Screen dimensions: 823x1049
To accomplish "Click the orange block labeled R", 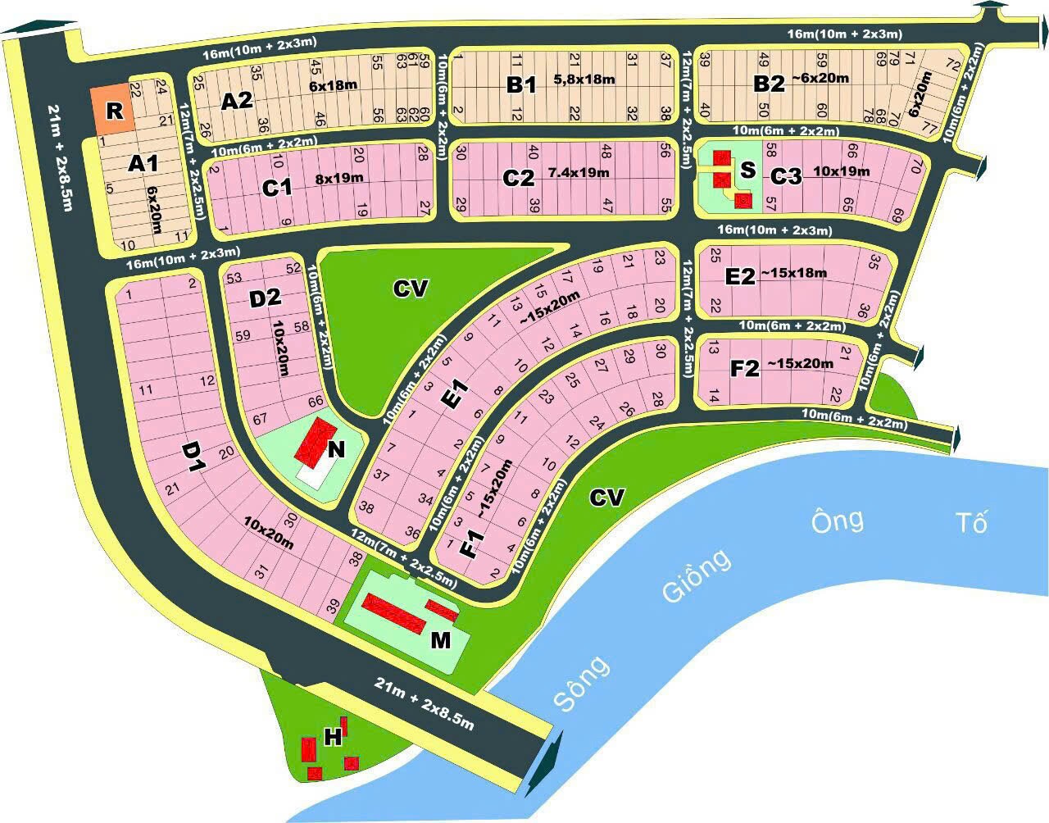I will [x=113, y=110].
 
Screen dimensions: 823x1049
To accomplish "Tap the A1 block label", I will [x=143, y=163].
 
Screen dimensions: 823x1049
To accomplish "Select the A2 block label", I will [x=237, y=101].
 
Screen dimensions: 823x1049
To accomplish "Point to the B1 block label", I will [x=520, y=84].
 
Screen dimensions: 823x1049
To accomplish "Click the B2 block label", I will [x=769, y=84].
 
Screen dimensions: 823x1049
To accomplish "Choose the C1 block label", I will [x=277, y=188].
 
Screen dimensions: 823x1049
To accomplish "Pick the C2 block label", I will [x=519, y=178].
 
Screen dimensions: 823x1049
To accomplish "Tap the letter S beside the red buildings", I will [x=747, y=171].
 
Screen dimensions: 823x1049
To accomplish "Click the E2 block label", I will [x=739, y=276].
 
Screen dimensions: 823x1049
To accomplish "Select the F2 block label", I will [x=745, y=368].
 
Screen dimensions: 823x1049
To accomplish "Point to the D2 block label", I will [x=265, y=298].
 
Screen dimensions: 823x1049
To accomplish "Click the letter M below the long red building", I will [x=441, y=639].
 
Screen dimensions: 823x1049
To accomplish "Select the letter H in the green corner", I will [x=333, y=738].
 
